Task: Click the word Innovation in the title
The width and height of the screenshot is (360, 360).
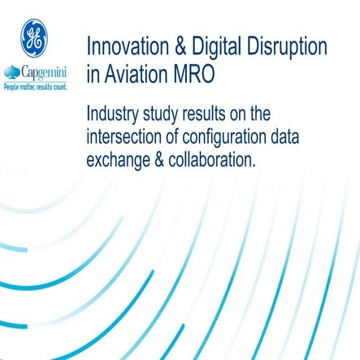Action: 129,47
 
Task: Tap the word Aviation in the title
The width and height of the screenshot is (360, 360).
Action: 139,76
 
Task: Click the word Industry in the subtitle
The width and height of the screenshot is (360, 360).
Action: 122,113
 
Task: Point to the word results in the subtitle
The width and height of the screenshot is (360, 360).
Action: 232,113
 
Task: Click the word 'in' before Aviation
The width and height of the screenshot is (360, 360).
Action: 93,76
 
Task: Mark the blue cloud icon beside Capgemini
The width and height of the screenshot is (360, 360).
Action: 13,74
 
